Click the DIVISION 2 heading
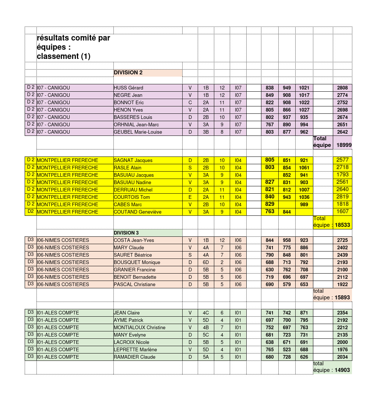128,73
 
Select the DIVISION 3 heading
126,233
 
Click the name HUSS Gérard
128,88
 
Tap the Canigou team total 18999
344,145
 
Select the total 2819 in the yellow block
342,197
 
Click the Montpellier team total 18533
342,225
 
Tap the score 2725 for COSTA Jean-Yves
342,240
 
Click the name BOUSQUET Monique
137,262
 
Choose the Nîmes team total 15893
342,298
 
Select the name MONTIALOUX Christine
140,327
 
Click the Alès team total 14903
342,370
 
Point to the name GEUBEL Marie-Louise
138,132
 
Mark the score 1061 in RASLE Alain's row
304,168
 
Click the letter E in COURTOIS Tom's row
190,197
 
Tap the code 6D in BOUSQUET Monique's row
206,262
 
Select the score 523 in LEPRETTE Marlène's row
287,349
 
